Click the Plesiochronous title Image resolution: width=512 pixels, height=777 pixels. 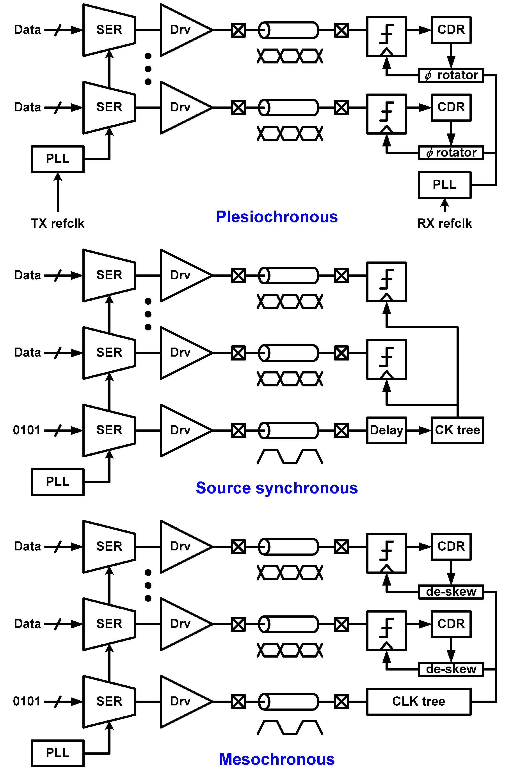click(277, 217)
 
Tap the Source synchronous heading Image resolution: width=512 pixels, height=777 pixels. click(277, 488)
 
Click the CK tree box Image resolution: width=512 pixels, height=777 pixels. click(457, 430)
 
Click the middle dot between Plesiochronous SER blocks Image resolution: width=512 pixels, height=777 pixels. click(148, 69)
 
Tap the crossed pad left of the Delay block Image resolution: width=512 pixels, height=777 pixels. click(341, 430)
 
